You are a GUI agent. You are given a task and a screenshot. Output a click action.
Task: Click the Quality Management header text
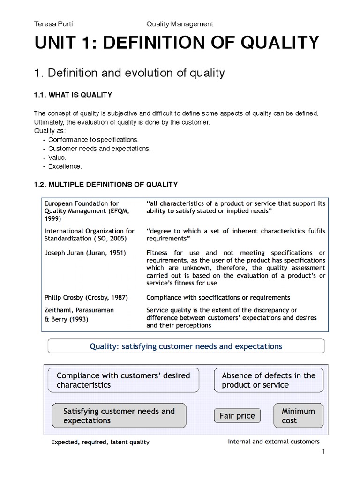pyautogui.click(x=180, y=23)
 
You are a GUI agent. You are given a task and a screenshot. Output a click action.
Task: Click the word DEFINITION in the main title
pyautogui.click(x=153, y=44)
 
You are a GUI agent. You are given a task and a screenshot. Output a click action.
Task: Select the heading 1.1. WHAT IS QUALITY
pyautogui.click(x=73, y=95)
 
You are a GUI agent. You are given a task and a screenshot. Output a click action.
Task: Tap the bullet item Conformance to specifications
pyautogui.click(x=93, y=140)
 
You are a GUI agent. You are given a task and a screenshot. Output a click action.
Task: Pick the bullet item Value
pyautogui.click(x=57, y=157)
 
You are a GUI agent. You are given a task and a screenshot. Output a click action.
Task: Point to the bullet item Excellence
pyautogui.click(x=65, y=166)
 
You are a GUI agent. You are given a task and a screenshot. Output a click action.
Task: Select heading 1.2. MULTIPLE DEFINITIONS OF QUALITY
pyautogui.click(x=105, y=184)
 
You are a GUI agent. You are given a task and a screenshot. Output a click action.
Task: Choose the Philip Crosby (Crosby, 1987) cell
pyautogui.click(x=86, y=297)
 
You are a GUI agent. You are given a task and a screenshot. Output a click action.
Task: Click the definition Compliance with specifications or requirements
pyautogui.click(x=218, y=297)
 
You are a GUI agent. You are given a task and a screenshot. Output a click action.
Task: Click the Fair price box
pyautogui.click(x=237, y=415)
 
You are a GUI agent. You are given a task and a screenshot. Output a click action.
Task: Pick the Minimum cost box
pyautogui.click(x=298, y=415)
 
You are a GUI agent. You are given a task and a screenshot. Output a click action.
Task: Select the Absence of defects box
pyautogui.click(x=269, y=380)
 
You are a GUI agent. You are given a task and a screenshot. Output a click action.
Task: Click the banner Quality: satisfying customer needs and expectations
pyautogui.click(x=186, y=347)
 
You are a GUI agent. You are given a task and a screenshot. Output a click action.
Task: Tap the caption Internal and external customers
pyautogui.click(x=274, y=442)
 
